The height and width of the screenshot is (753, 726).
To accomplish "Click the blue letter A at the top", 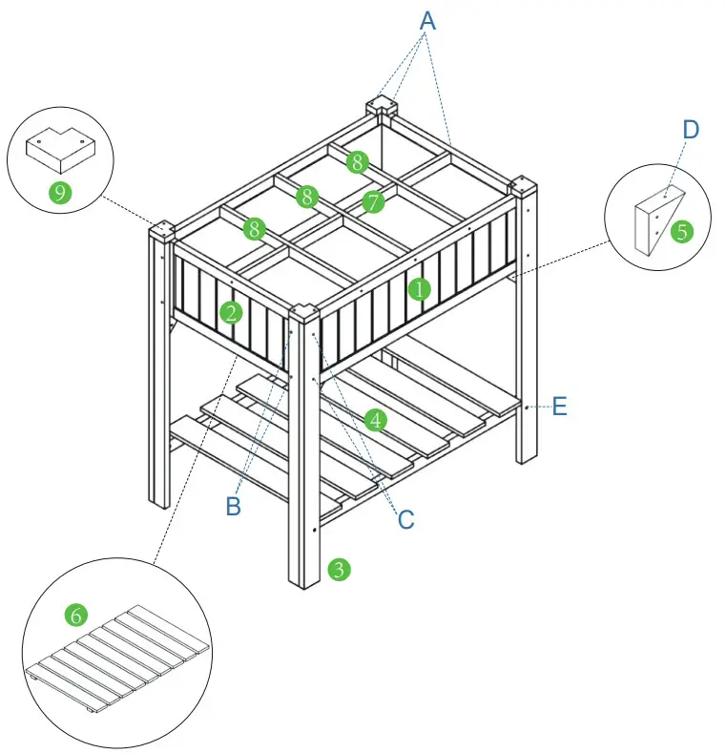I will (427, 21).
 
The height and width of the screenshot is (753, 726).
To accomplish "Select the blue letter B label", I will (234, 507).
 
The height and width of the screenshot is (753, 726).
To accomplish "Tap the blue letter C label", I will (405, 519).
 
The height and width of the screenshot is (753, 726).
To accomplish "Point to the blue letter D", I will (691, 130).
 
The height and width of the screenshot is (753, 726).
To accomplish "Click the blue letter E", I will (559, 407).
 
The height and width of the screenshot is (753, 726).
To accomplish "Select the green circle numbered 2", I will (230, 310).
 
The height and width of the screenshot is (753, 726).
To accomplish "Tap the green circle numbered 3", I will (338, 570).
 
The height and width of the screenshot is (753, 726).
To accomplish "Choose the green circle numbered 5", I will (680, 230).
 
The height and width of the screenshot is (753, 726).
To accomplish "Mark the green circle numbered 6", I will (75, 615).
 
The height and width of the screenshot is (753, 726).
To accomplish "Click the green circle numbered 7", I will (373, 201).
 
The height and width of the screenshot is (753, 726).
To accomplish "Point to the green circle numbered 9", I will (60, 193).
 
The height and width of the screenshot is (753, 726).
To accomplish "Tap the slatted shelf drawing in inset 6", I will (119, 659).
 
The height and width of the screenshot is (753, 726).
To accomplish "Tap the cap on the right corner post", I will (526, 185).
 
